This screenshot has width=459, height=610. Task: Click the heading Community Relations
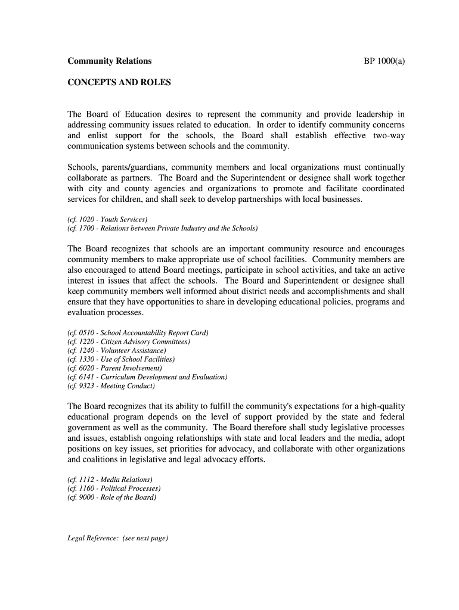click(x=109, y=61)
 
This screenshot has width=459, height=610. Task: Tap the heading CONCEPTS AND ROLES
click(x=119, y=82)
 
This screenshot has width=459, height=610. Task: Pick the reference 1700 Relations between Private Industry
click(x=162, y=228)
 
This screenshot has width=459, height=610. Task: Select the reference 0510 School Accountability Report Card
click(x=138, y=332)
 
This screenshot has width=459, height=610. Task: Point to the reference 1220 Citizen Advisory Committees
click(x=129, y=341)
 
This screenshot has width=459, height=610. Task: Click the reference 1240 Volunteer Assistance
click(x=117, y=350)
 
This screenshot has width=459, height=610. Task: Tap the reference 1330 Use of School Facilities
click(x=121, y=359)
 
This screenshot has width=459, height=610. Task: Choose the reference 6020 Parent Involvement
click(x=114, y=368)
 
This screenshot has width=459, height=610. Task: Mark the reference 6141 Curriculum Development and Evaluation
click(x=147, y=377)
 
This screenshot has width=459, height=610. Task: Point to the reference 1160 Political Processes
click(x=114, y=488)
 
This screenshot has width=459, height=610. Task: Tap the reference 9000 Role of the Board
click(x=112, y=497)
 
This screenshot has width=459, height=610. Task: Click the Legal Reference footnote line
click(x=118, y=539)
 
